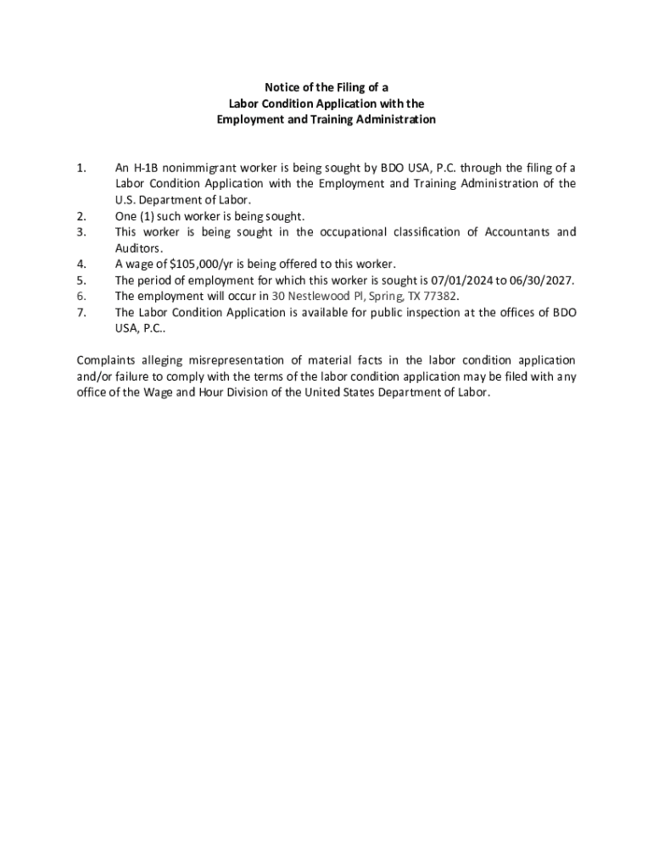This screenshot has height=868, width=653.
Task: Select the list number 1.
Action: coord(81,168)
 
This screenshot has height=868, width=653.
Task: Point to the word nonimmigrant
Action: coord(200,168)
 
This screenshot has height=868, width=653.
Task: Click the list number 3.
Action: coord(81,232)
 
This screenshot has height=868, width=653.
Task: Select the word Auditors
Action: coord(138,248)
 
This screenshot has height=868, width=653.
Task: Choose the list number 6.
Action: coord(81,297)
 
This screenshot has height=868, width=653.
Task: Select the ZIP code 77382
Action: coord(438,297)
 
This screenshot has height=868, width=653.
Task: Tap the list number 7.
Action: coord(81,313)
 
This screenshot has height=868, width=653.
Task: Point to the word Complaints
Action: coord(109,361)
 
